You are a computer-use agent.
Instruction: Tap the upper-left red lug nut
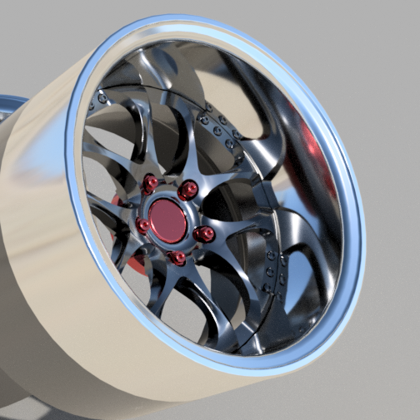151,183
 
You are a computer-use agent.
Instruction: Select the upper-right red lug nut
188,190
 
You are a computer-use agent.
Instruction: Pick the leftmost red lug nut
143,225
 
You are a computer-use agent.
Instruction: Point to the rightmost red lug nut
202,235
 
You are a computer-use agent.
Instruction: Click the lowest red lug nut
177,258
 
